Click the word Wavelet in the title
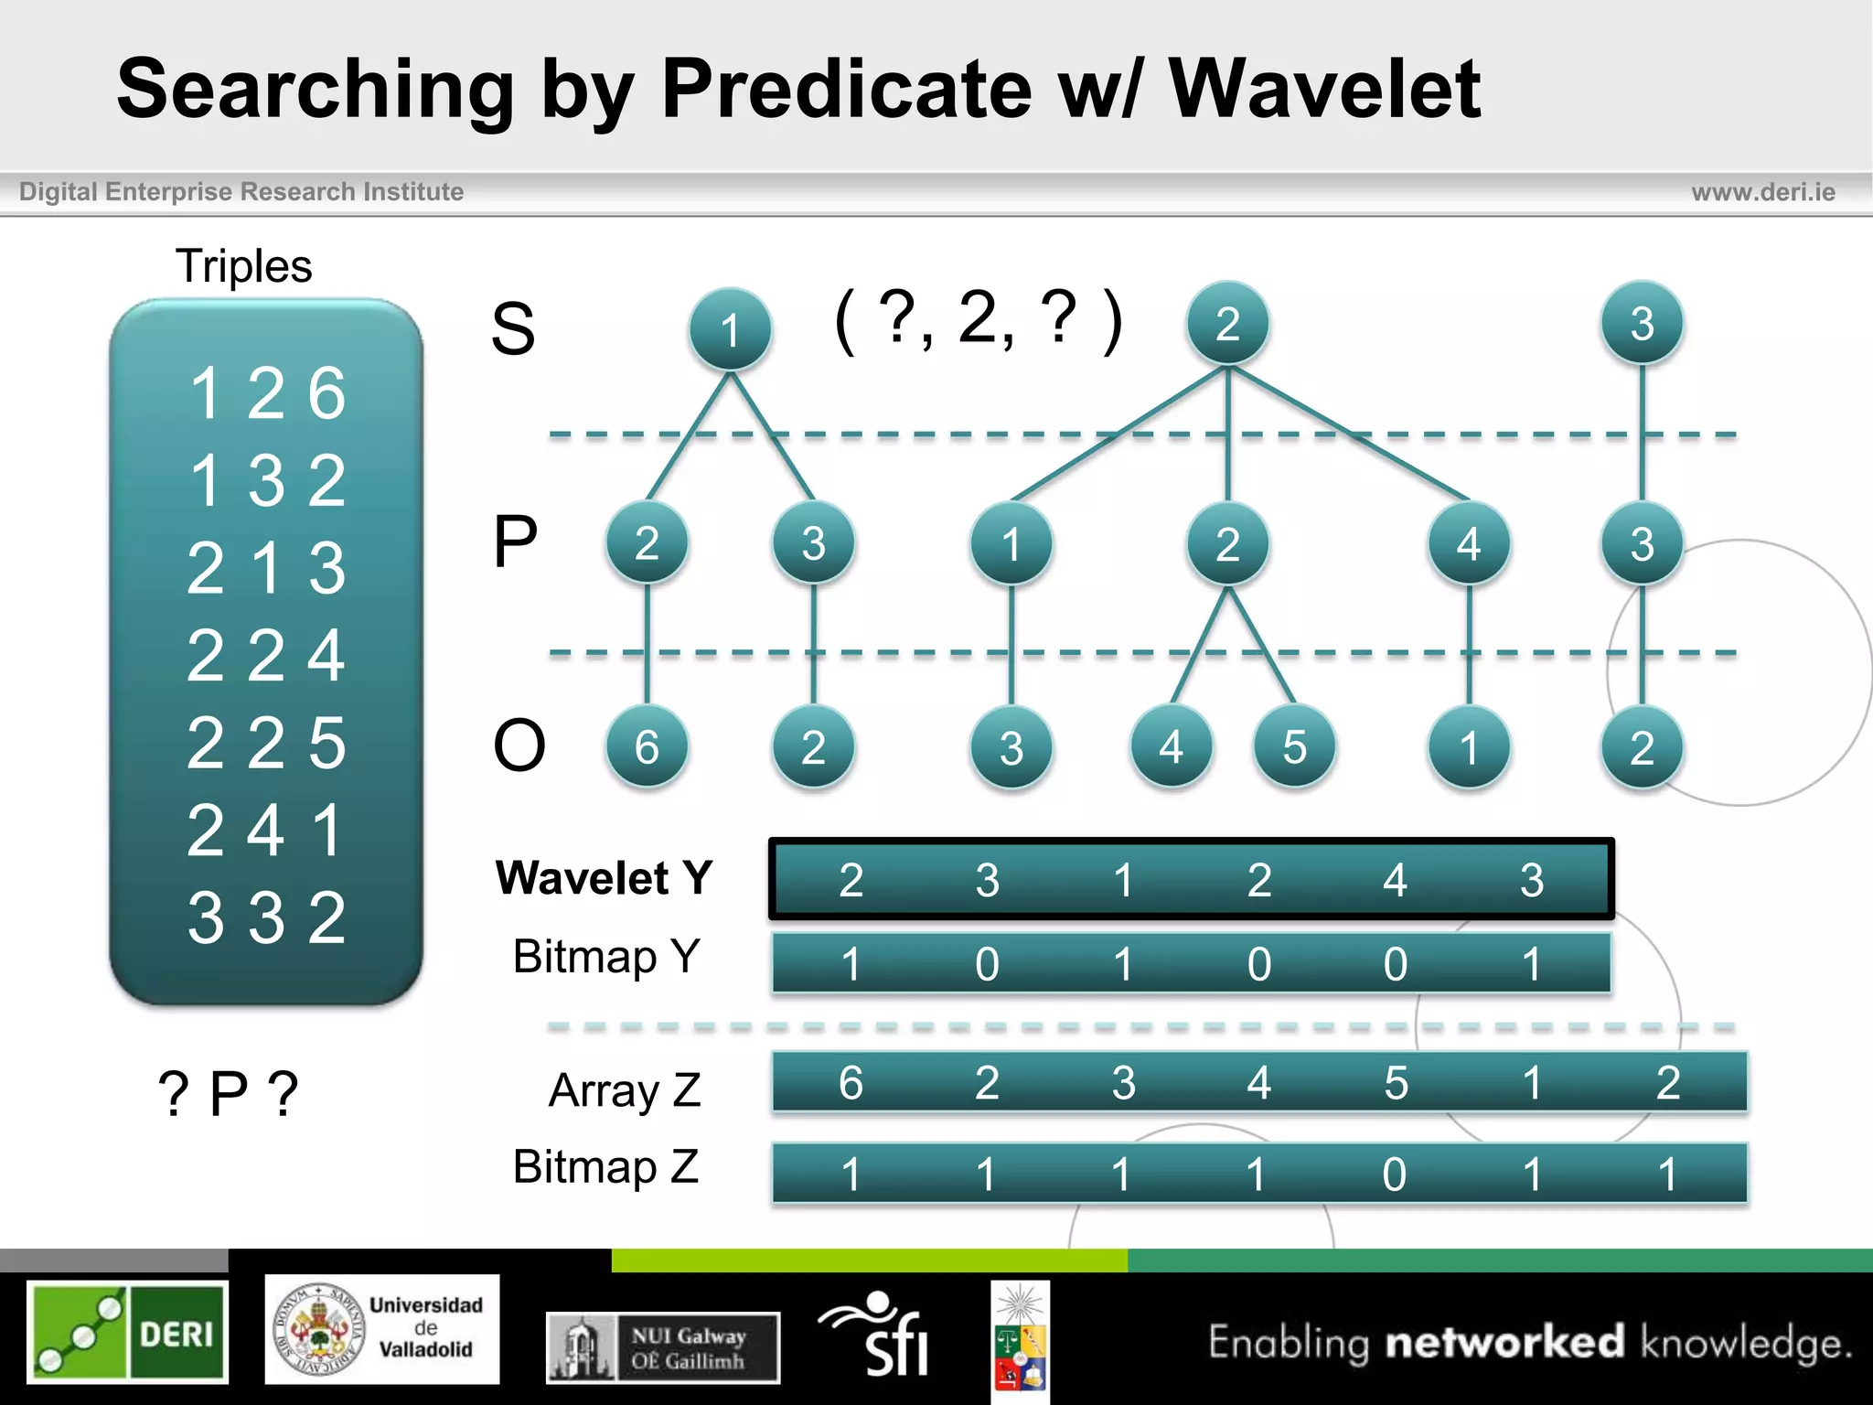[x=1324, y=89]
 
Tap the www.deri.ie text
[x=1762, y=192]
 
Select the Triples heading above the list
[x=243, y=266]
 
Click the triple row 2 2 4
[x=266, y=656]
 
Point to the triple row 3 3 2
[x=266, y=917]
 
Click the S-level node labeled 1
[x=730, y=329]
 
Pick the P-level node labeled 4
[x=1468, y=544]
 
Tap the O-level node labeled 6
[x=647, y=747]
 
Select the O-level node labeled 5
[x=1293, y=747]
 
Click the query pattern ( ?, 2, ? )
[x=978, y=320]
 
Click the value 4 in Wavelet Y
[x=1394, y=880]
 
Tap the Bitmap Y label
[x=606, y=957]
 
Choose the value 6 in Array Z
[x=851, y=1083]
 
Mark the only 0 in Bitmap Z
[x=1394, y=1174]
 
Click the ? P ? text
[x=228, y=1093]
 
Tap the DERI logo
[x=127, y=1332]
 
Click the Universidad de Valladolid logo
[x=382, y=1328]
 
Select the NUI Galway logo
[x=663, y=1347]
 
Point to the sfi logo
[x=876, y=1333]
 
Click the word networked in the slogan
[x=1504, y=1342]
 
